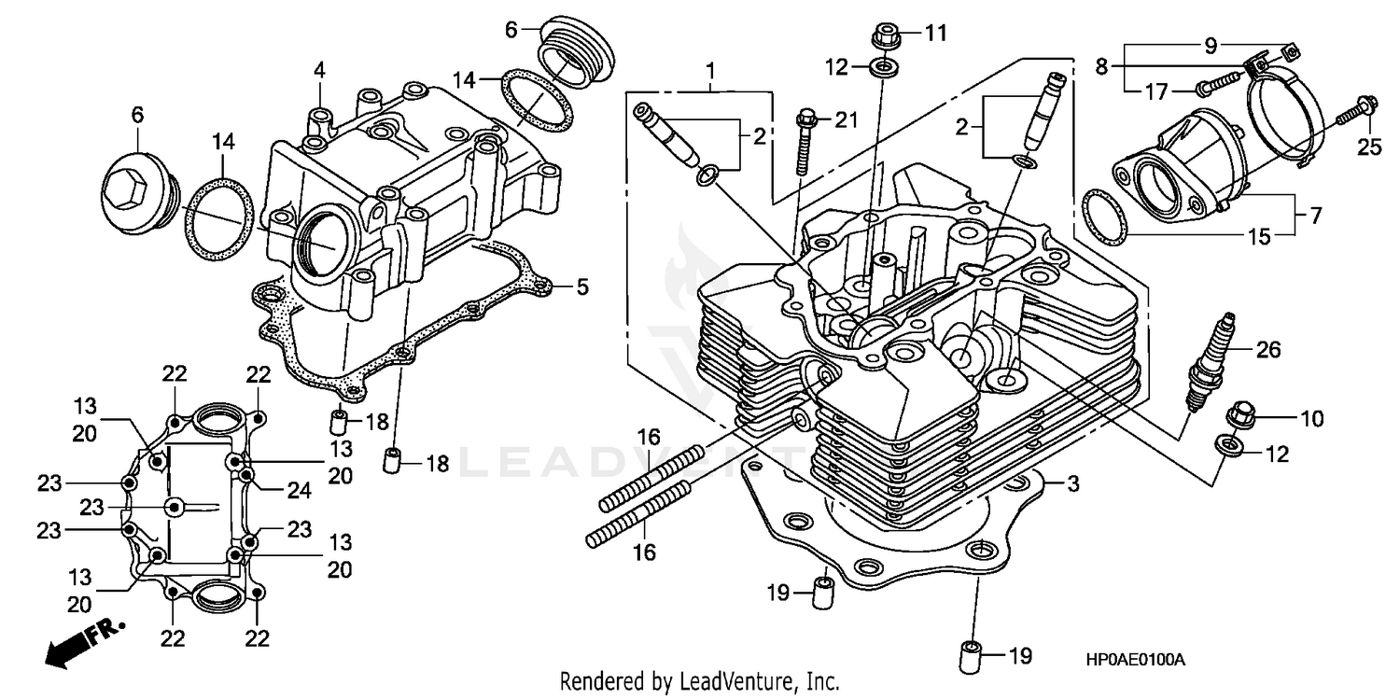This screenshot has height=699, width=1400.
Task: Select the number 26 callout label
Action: pyautogui.click(x=1267, y=351)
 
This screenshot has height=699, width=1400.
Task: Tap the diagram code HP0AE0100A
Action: pyautogui.click(x=1134, y=660)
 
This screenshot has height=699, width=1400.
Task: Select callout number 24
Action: pyautogui.click(x=299, y=490)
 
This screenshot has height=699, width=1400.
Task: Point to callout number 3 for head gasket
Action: pyautogui.click(x=1073, y=483)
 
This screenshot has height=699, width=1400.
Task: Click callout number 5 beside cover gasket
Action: pyautogui.click(x=582, y=287)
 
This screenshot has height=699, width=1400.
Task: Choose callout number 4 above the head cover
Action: pyautogui.click(x=319, y=70)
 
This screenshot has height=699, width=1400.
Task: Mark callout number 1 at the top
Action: pyautogui.click(x=711, y=70)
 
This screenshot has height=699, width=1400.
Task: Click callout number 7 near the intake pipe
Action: pyautogui.click(x=1315, y=216)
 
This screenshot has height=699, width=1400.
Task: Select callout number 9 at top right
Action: pyautogui.click(x=1211, y=44)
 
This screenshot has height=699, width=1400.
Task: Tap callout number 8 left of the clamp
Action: pyautogui.click(x=1101, y=66)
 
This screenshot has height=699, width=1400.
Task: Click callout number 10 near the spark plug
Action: pyautogui.click(x=1311, y=420)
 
